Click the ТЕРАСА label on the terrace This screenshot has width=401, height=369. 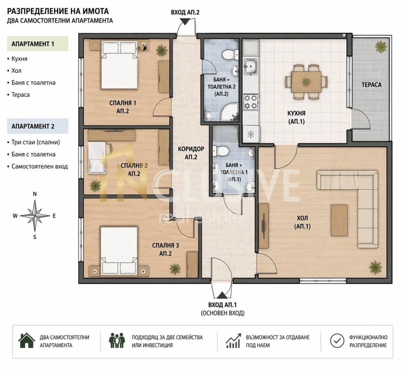click(x=371, y=85)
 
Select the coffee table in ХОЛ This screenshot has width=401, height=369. click(x=339, y=220)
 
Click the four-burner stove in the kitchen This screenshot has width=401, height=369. click(x=250, y=102)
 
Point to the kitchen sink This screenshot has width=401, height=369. click(x=251, y=67)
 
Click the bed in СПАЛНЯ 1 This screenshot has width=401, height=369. click(x=119, y=66)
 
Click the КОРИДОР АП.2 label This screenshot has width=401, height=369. click(x=191, y=153)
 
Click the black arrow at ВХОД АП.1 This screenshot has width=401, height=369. click(x=222, y=295)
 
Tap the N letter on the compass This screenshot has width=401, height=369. click(x=35, y=194)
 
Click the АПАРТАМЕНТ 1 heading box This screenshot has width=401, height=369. click(x=38, y=44)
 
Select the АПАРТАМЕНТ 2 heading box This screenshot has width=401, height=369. click(x=38, y=126)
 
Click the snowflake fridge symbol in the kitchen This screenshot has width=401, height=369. click(x=251, y=134)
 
